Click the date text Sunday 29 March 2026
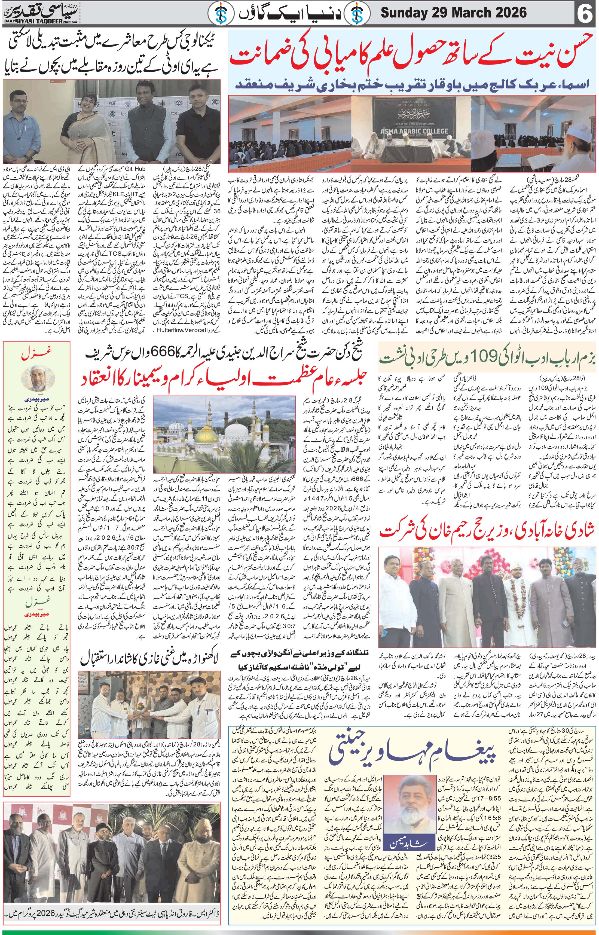click(x=453, y=14)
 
